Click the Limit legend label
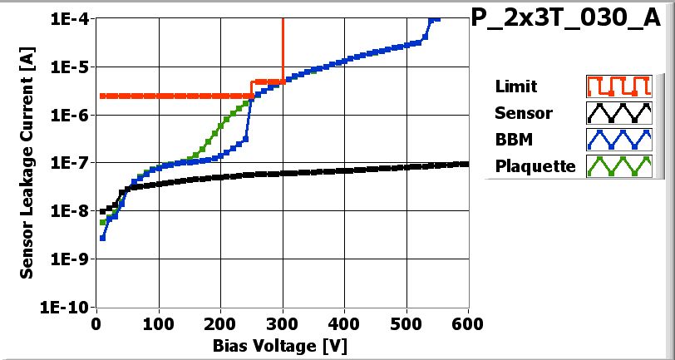pos(515,86)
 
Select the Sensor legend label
pos(523,112)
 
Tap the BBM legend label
pos(511,139)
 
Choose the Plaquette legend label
pos(535,165)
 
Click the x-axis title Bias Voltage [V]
pos(283,344)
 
